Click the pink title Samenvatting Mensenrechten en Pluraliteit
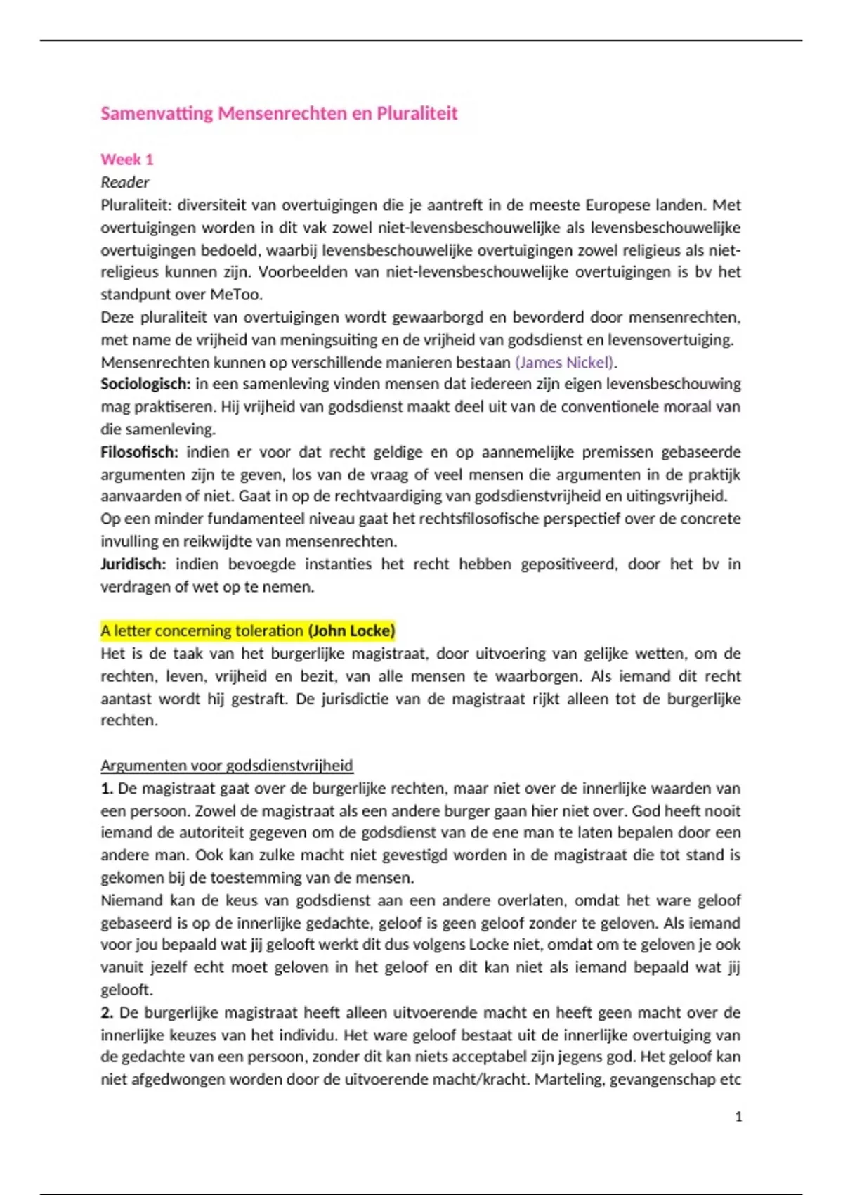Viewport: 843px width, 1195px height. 279,113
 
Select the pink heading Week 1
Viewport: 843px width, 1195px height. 126,160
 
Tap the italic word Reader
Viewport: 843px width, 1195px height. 125,182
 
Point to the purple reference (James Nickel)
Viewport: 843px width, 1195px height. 566,363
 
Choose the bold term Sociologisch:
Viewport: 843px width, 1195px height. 145,385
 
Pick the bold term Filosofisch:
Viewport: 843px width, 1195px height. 139,452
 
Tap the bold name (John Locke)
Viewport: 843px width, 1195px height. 351,631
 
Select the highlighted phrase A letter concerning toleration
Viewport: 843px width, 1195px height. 202,631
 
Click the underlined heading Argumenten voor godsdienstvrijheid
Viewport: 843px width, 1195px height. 227,766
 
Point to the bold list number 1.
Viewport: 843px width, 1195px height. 107,788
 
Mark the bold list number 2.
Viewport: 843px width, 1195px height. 107,1013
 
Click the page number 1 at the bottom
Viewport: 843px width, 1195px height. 738,1117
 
